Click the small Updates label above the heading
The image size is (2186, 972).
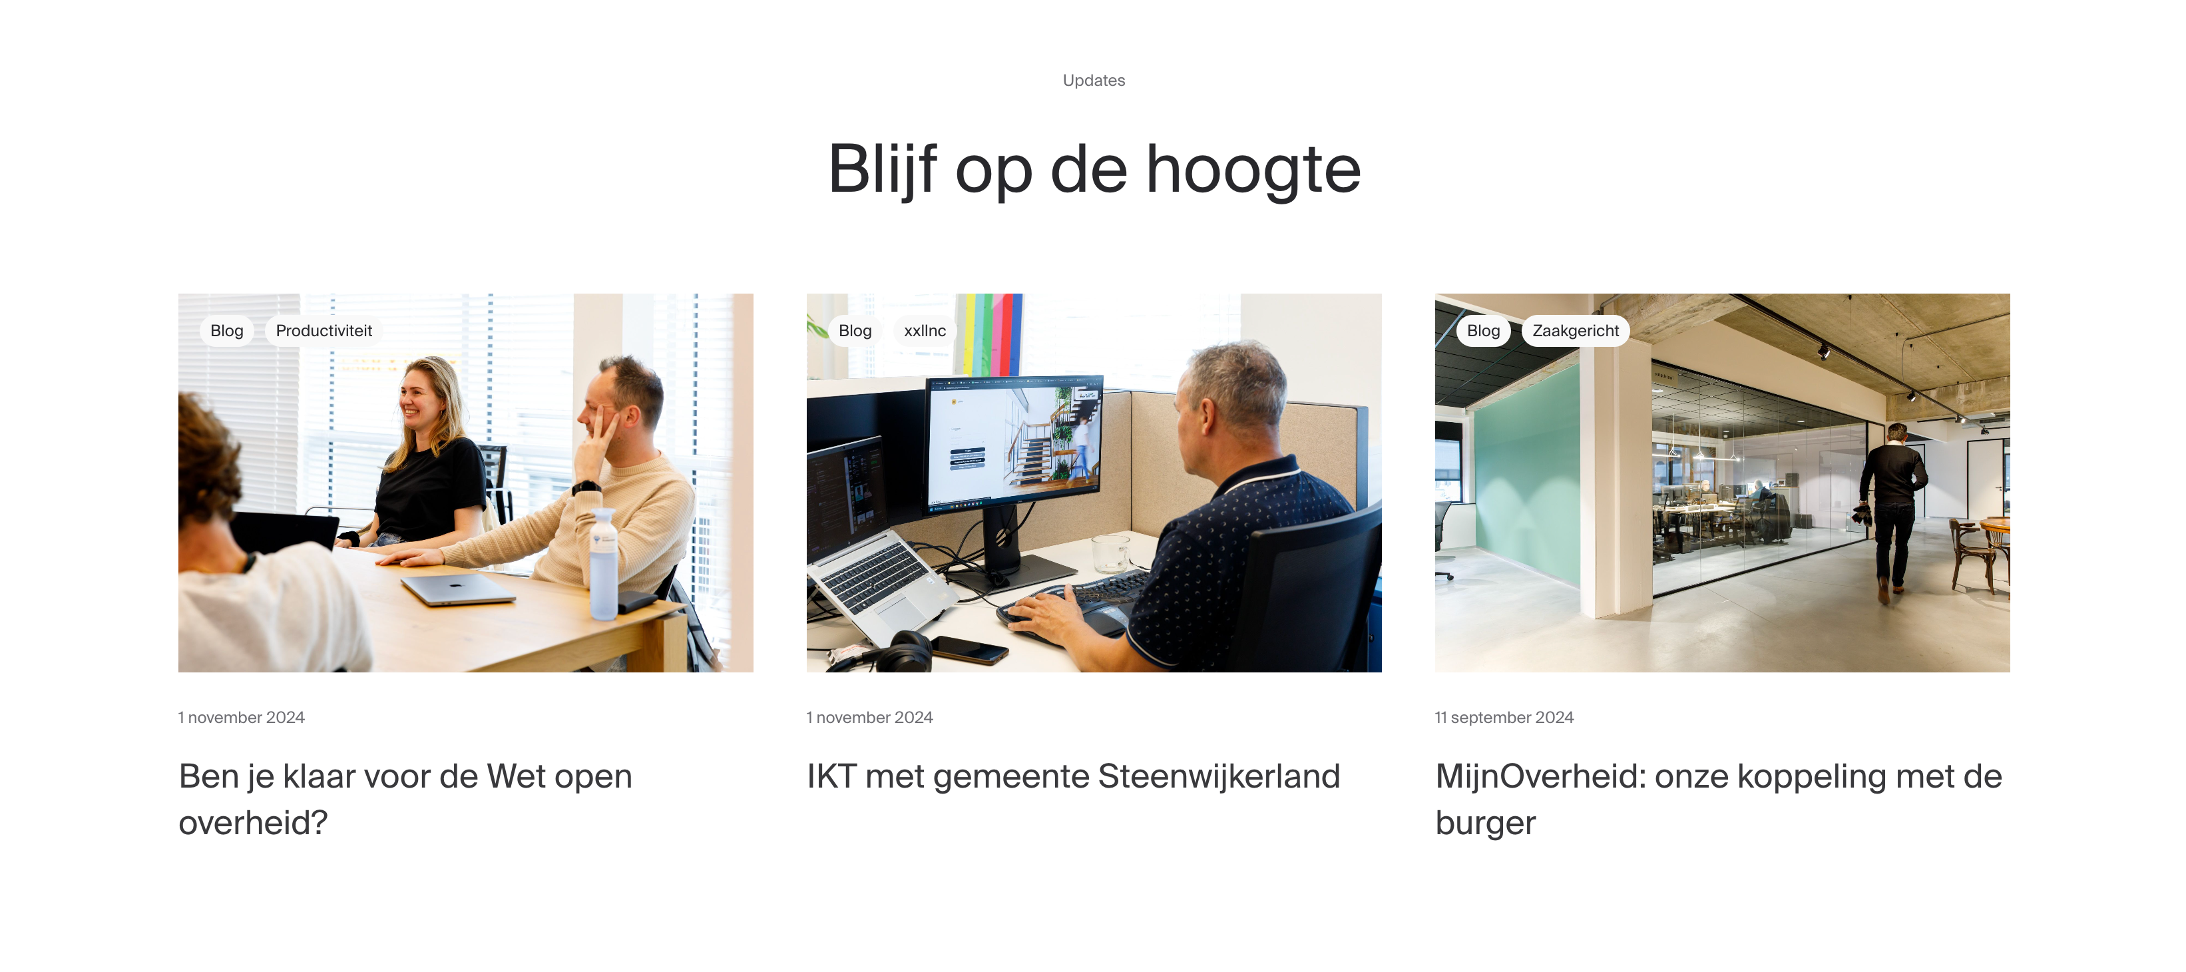click(1093, 81)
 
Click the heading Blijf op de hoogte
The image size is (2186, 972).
click(1093, 170)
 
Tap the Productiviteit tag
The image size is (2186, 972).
click(324, 330)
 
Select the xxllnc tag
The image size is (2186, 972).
click(924, 330)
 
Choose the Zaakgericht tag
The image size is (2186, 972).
click(1574, 330)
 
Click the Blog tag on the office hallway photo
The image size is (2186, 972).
click(1482, 330)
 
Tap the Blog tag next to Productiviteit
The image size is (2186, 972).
click(226, 330)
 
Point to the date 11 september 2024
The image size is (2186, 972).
click(1504, 717)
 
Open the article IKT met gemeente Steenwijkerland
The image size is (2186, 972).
click(1072, 776)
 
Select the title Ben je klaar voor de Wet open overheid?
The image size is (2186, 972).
click(405, 798)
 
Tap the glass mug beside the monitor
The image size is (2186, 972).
click(1109, 553)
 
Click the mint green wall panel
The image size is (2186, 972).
click(1528, 475)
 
